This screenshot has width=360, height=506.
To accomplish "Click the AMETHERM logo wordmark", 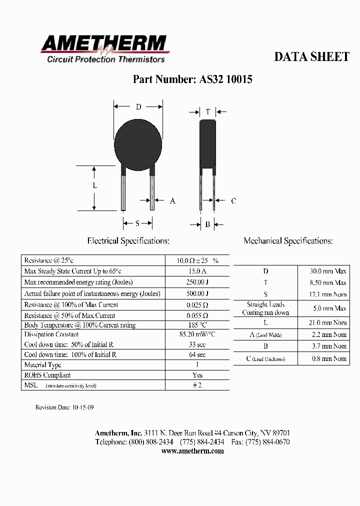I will pos(103,44).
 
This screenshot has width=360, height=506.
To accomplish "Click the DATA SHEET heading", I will pos(311,57).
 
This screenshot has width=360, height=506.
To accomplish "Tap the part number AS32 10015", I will pos(192,79).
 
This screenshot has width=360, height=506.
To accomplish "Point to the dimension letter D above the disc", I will pos(138,107).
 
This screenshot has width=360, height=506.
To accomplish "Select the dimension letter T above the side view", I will pos(208,112).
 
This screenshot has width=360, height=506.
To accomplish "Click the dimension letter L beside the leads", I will pos(95,185).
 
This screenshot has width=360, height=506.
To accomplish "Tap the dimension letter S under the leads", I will pos(137,223).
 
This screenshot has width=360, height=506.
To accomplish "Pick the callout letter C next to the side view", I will pos(233,201).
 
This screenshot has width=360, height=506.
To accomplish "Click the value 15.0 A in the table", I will pos(197,271).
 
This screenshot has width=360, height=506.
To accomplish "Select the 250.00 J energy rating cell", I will pos(197,282).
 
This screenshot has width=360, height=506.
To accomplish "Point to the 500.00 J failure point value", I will pos(197,293).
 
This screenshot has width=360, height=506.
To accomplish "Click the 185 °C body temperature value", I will pos(197,325).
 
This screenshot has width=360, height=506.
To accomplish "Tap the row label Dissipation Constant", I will pos(51,334).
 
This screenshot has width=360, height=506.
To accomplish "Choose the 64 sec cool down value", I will pos(197,354).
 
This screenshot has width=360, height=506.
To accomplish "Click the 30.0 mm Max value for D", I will pos(328,271).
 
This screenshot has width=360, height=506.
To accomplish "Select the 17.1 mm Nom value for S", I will pos(328,294).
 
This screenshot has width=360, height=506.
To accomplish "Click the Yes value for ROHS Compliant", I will pos(197,375).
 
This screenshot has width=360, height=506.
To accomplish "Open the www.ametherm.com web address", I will pos(192,451).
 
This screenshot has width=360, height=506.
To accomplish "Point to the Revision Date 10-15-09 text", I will pos(64,407).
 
